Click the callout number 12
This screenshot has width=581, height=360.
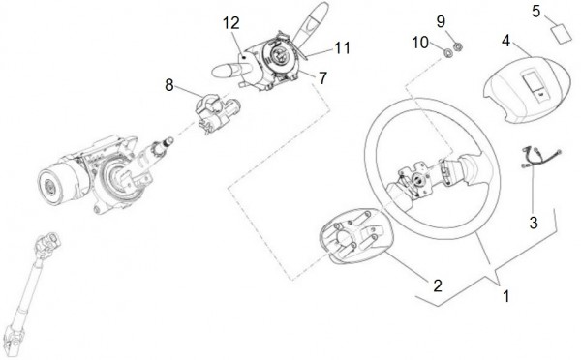point(231,23)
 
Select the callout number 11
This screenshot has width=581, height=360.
point(343,47)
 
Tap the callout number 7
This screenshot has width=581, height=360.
point(323,78)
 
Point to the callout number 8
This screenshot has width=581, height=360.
point(168,85)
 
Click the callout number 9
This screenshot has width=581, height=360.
point(441,21)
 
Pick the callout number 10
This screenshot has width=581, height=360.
point(420,43)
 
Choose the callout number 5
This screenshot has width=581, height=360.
point(536,11)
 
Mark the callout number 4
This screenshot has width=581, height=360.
point(506,41)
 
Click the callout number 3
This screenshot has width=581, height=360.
point(534,223)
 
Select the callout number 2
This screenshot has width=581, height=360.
point(438,285)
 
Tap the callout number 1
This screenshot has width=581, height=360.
point(506,296)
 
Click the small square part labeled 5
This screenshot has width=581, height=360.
point(561,34)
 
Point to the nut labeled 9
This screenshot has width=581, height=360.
point(458,46)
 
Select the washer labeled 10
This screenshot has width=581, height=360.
point(448,53)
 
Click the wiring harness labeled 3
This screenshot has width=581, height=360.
point(540,157)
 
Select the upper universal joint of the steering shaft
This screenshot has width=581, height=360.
point(47,245)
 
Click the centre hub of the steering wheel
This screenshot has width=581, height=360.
point(418,180)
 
